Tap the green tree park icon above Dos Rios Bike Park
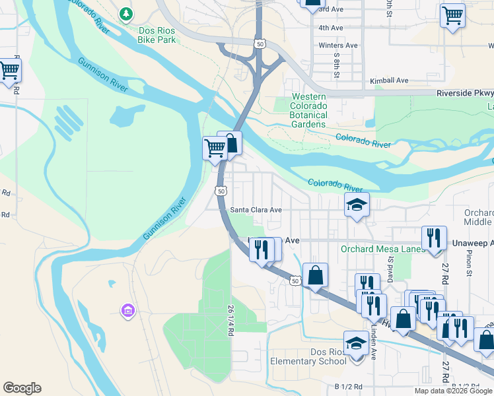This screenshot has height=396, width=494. click(x=125, y=13)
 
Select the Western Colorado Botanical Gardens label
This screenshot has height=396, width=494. click(x=308, y=110)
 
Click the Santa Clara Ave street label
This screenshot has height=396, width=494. click(x=256, y=210)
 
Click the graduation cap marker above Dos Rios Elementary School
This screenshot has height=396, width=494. click(x=356, y=343)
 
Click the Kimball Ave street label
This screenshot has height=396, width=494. click(x=390, y=81)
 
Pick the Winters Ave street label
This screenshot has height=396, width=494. click(x=337, y=46)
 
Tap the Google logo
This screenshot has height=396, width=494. click(x=22, y=388)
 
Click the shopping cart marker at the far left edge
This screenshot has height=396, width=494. click(x=9, y=70)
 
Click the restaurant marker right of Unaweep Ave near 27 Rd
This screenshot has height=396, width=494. click(x=434, y=238)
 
